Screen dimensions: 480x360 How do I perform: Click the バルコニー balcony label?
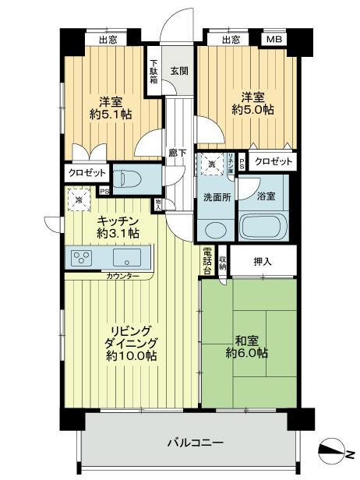tap(196, 442)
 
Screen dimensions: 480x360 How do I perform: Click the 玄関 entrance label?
tap(178, 71)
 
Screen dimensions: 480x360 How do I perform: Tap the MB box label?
tap(274, 39)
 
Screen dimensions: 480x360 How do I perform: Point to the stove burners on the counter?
tap(80, 258)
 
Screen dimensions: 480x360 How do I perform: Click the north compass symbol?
tap(335, 450)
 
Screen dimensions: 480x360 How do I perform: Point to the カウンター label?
tap(123, 277)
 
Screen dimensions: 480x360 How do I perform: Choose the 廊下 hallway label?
tap(178, 154)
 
